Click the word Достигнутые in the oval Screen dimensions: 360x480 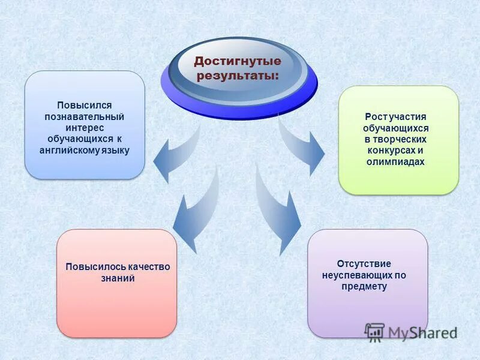(x=237, y=62)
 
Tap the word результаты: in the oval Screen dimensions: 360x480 (x=236, y=76)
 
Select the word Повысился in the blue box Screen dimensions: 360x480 (x=85, y=106)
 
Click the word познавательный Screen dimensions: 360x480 (x=85, y=116)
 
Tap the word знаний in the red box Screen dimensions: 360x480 (x=118, y=278)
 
